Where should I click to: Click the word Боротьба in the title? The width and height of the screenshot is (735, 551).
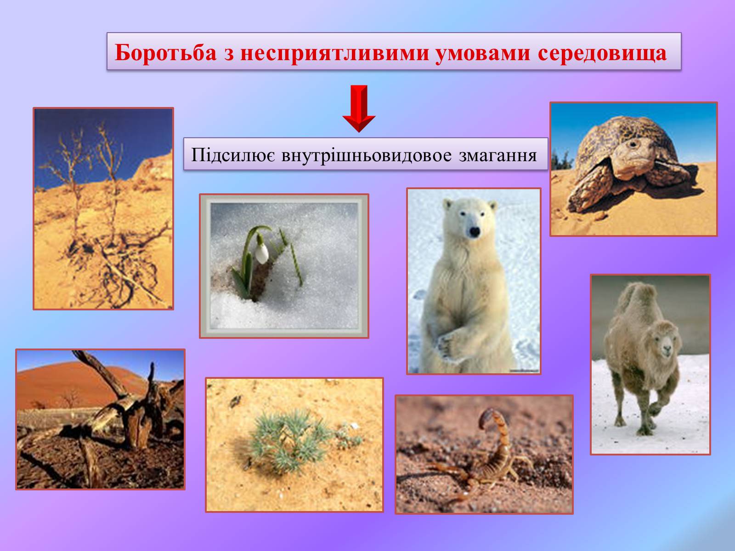click(x=166, y=53)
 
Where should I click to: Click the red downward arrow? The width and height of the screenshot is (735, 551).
click(x=359, y=108)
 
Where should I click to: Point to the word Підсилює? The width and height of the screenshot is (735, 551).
click(x=233, y=155)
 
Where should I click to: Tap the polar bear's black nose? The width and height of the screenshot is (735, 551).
click(x=474, y=231)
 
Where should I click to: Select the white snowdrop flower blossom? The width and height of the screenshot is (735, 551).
click(x=261, y=253)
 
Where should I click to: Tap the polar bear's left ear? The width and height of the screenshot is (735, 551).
click(x=448, y=204)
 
